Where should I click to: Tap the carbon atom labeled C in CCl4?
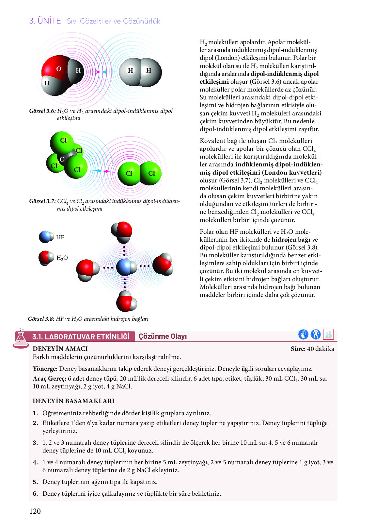point(62,159)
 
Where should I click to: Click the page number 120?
point(35,511)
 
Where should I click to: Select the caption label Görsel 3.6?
point(42,111)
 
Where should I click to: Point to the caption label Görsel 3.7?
point(42,201)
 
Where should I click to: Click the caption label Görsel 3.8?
point(41,319)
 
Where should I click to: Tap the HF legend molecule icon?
point(46,237)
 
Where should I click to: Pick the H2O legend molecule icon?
point(46,258)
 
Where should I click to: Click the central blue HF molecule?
point(125,267)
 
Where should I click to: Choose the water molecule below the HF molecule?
point(126,301)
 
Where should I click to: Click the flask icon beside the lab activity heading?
point(21,338)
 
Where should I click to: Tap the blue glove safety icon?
point(303,334)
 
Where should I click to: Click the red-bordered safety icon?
point(328,334)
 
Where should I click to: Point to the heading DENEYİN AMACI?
point(60,349)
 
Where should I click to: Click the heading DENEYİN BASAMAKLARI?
point(73,401)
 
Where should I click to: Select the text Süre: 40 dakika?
point(312,349)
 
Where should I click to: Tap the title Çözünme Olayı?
point(163,336)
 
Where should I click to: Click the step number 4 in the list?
point(35,462)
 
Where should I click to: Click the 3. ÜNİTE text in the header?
point(45,21)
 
